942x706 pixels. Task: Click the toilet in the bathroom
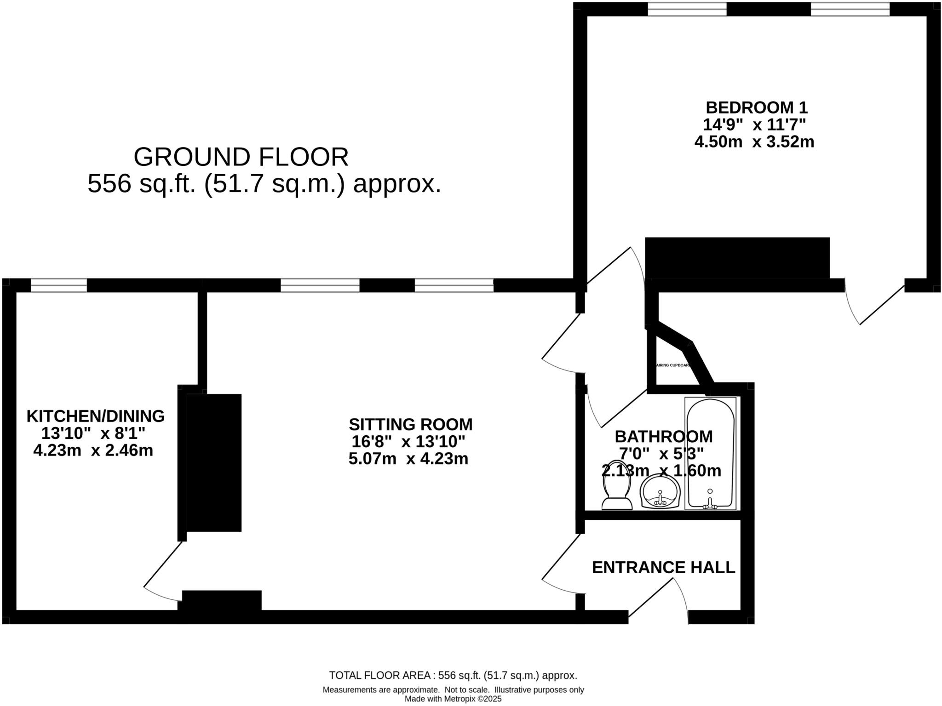616,487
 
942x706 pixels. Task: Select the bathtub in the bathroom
710,453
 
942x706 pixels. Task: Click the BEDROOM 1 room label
756,108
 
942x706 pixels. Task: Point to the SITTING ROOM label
410,424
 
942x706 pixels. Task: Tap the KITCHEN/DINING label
95,416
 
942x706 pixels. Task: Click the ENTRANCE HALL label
663,568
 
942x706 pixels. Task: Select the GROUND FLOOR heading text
241,157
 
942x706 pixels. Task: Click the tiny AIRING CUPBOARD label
673,365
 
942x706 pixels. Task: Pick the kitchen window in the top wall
59,285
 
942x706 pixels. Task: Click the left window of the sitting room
320,285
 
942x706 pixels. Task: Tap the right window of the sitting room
454,285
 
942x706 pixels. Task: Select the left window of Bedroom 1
687,9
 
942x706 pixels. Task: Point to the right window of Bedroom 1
850,9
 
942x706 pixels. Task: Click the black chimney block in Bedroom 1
737,258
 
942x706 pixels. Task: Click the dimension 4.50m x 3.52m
754,142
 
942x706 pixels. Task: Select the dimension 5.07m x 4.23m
408,459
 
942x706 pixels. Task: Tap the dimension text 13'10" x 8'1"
93,433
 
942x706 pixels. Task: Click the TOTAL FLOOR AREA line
453,675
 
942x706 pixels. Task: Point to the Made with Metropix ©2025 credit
453,699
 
